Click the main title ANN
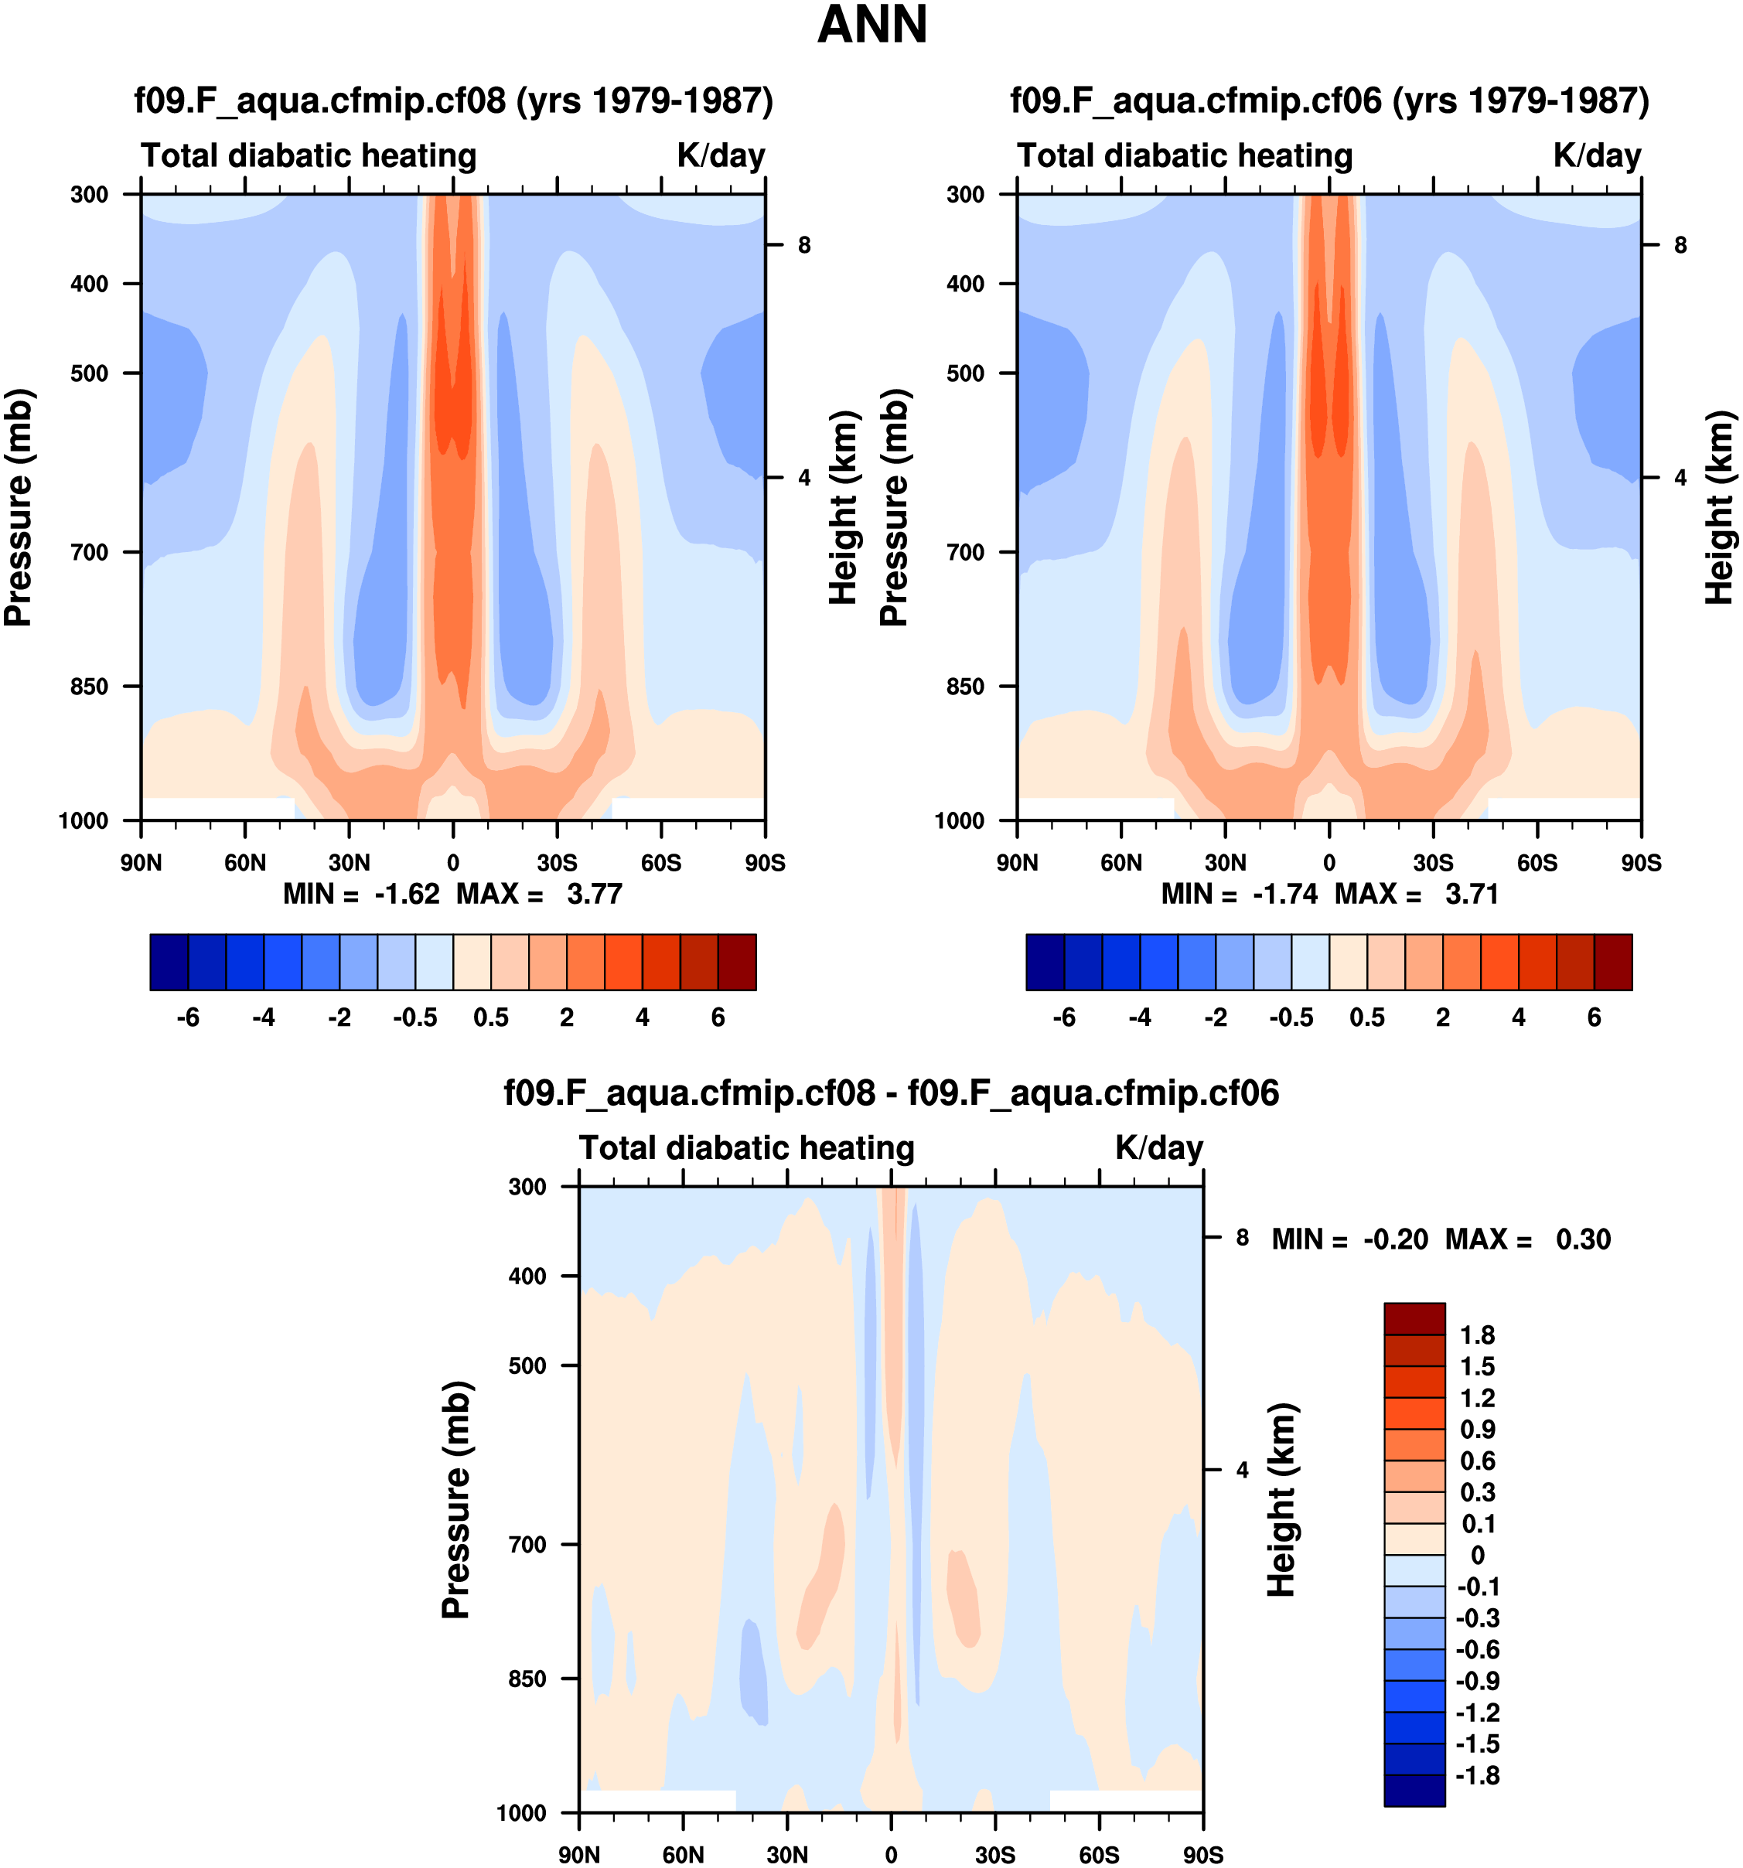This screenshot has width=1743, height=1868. pos(872,26)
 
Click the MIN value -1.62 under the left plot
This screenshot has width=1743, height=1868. pos(407,894)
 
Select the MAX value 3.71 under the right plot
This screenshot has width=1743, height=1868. pos(1472,894)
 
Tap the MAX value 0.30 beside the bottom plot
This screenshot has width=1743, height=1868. pos(1583,1239)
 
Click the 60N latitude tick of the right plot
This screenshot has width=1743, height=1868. pos(1121,863)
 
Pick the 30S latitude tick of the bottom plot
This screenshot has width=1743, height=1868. pos(995,1855)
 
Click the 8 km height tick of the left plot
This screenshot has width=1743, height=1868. pos(804,245)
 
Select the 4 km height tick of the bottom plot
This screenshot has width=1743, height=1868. pos(1242,1470)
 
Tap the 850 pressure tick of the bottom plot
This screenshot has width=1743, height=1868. pos(527,1679)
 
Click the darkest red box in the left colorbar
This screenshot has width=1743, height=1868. pos(737,962)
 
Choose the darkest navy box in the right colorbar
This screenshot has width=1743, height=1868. pos(1045,962)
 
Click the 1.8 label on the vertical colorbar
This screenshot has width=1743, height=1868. pos(1477,1335)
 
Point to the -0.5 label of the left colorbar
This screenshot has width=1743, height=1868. pos(415,1018)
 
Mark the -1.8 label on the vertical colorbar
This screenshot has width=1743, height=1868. pos(1477,1776)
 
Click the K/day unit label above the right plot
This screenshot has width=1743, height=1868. pos(1596,155)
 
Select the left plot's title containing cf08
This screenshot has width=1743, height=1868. pos(453,101)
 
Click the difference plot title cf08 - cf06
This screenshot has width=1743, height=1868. pos(891,1093)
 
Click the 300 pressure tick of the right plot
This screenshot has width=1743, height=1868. pos(965,195)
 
